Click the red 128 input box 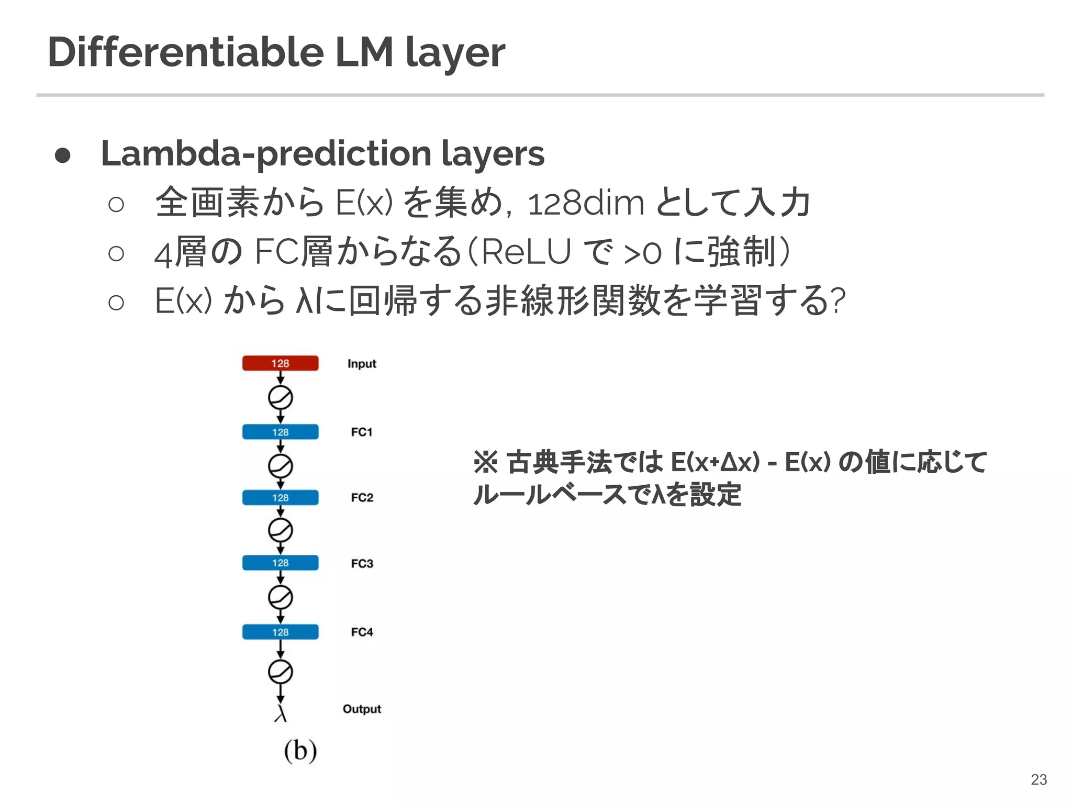(x=280, y=363)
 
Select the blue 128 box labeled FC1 (x=280, y=432)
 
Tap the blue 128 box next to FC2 (x=280, y=497)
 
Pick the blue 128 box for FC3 (x=280, y=563)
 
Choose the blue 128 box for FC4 (x=280, y=632)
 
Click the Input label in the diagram (x=362, y=364)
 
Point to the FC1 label (x=362, y=432)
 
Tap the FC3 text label (x=362, y=563)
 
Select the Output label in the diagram (x=362, y=709)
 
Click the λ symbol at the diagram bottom (x=281, y=713)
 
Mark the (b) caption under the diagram (x=300, y=750)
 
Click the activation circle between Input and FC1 (x=280, y=398)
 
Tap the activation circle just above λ (x=280, y=672)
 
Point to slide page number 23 (x=1038, y=779)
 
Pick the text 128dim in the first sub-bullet (x=586, y=203)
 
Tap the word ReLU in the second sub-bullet (x=525, y=252)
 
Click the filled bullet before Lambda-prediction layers (x=63, y=155)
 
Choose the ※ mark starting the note (x=485, y=462)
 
